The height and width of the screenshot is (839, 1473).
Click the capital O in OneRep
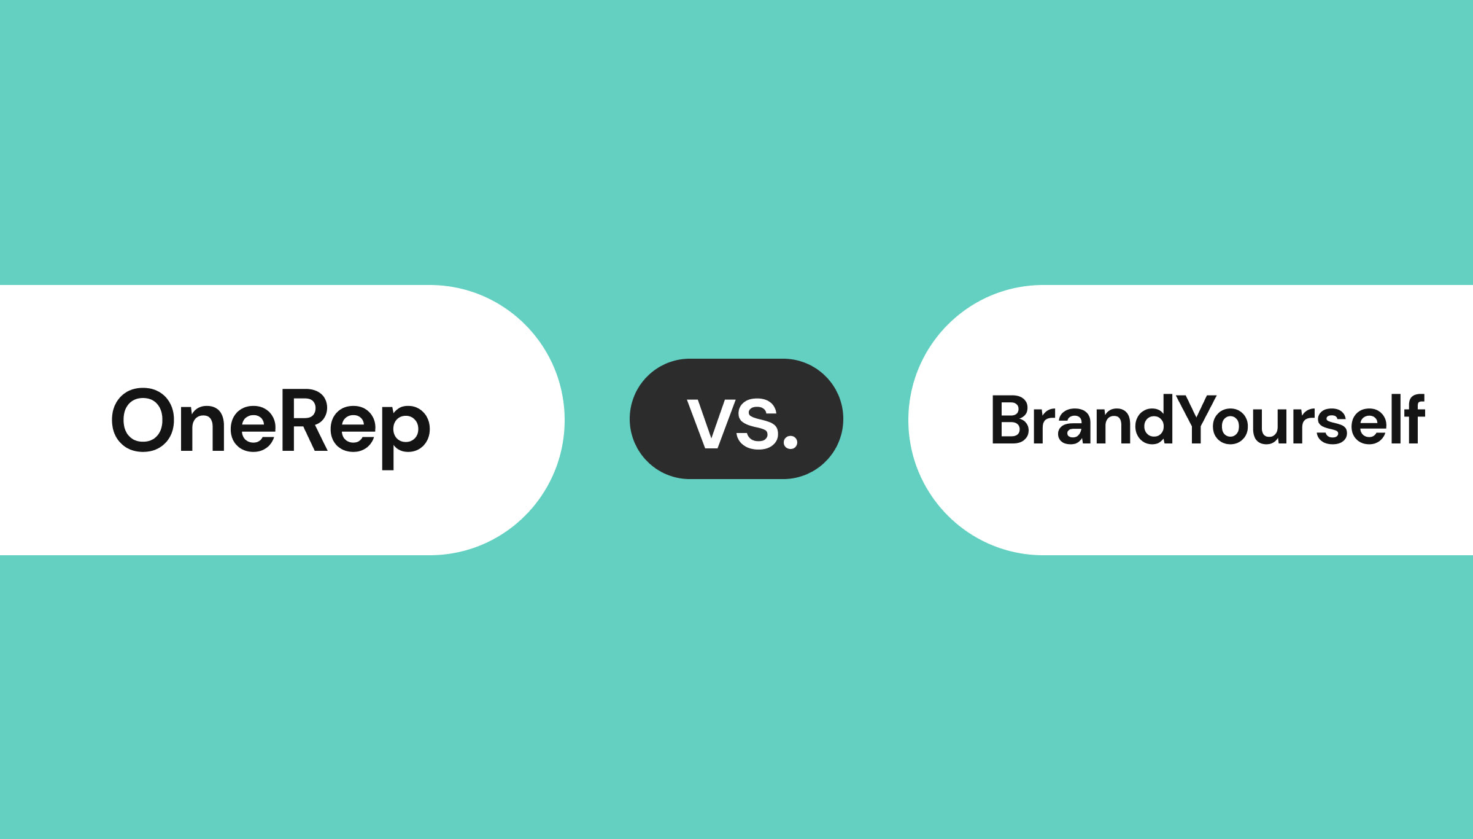(143, 419)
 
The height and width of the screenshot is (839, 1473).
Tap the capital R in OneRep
(304, 420)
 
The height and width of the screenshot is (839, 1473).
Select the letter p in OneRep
(406, 437)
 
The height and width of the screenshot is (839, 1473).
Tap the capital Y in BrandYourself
(1196, 419)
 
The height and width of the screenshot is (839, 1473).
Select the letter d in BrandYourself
(1154, 419)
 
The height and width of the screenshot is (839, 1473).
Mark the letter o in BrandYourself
(1231, 426)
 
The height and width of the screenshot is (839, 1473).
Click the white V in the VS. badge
(711, 424)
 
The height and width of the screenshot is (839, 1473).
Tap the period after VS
(791, 442)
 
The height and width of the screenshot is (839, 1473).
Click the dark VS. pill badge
(736, 419)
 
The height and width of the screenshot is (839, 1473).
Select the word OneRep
(271, 429)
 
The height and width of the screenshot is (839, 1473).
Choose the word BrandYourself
(1208, 419)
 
